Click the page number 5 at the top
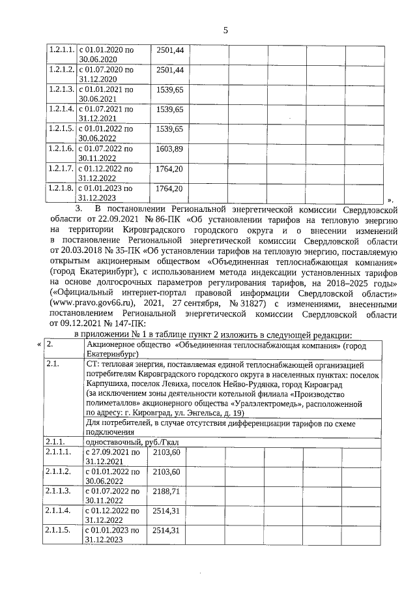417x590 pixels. pyautogui.click(x=225, y=30)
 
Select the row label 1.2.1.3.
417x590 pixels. pyautogui.click(x=61, y=89)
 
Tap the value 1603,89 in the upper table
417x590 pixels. pyautogui.click(x=169, y=149)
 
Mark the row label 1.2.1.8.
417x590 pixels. pyautogui.click(x=61, y=188)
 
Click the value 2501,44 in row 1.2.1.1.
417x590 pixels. pyautogui.click(x=169, y=50)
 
